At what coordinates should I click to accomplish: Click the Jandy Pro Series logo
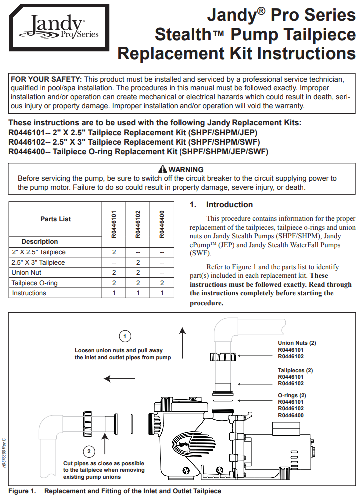pos(59,28)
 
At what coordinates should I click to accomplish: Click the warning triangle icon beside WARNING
pos(162,170)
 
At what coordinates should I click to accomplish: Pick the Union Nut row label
pos(26,273)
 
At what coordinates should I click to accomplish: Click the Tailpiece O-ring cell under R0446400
pos(162,283)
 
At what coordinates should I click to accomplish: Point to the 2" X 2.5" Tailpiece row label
pos(38,252)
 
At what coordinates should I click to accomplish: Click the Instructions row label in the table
pos(29,293)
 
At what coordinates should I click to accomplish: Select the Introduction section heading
pos(229,205)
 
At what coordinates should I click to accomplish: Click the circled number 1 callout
pos(126,335)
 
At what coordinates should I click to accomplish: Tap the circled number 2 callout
pos(89,452)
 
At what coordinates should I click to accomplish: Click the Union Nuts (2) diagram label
pos(297,343)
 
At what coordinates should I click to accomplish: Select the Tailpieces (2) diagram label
pos(295,370)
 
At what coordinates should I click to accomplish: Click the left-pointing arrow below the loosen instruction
pos(120,379)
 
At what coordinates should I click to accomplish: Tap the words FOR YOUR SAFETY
pos(46,79)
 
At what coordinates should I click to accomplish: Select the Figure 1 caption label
pos(22,491)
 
